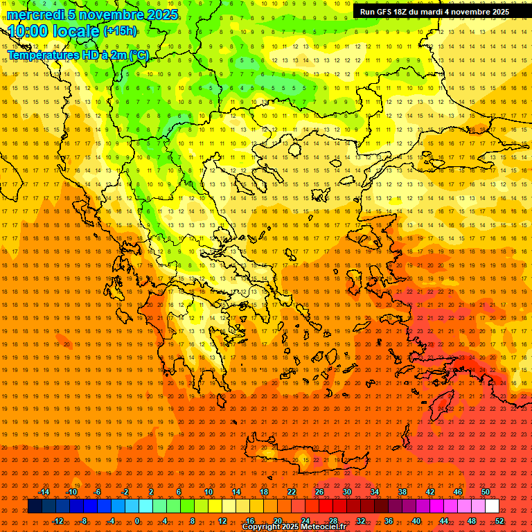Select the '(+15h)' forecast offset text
coord(120,31)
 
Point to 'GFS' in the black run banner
coord(385,12)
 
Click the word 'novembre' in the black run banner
coord(468,12)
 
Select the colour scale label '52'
coord(499,521)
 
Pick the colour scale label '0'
coord(137,521)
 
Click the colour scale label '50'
coord(486,492)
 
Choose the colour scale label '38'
coord(402,492)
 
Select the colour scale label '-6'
coord(98,492)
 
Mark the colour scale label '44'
coord(444,521)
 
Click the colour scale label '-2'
coord(125,492)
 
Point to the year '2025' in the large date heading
coord(161,15)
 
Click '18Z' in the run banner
coord(405,12)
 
